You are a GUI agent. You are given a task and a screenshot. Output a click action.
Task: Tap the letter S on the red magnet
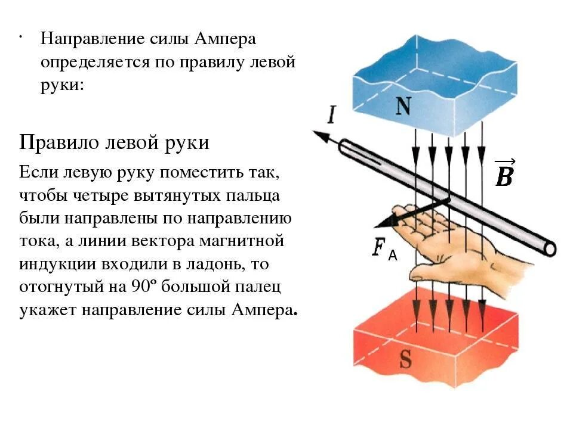point(405,359)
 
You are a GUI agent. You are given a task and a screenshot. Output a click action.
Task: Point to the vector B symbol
point(504,174)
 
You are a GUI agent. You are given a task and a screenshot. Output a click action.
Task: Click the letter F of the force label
point(378,247)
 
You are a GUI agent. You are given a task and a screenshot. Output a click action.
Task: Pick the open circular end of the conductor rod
point(549,248)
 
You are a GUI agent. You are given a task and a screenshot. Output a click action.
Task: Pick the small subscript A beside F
point(392,256)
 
